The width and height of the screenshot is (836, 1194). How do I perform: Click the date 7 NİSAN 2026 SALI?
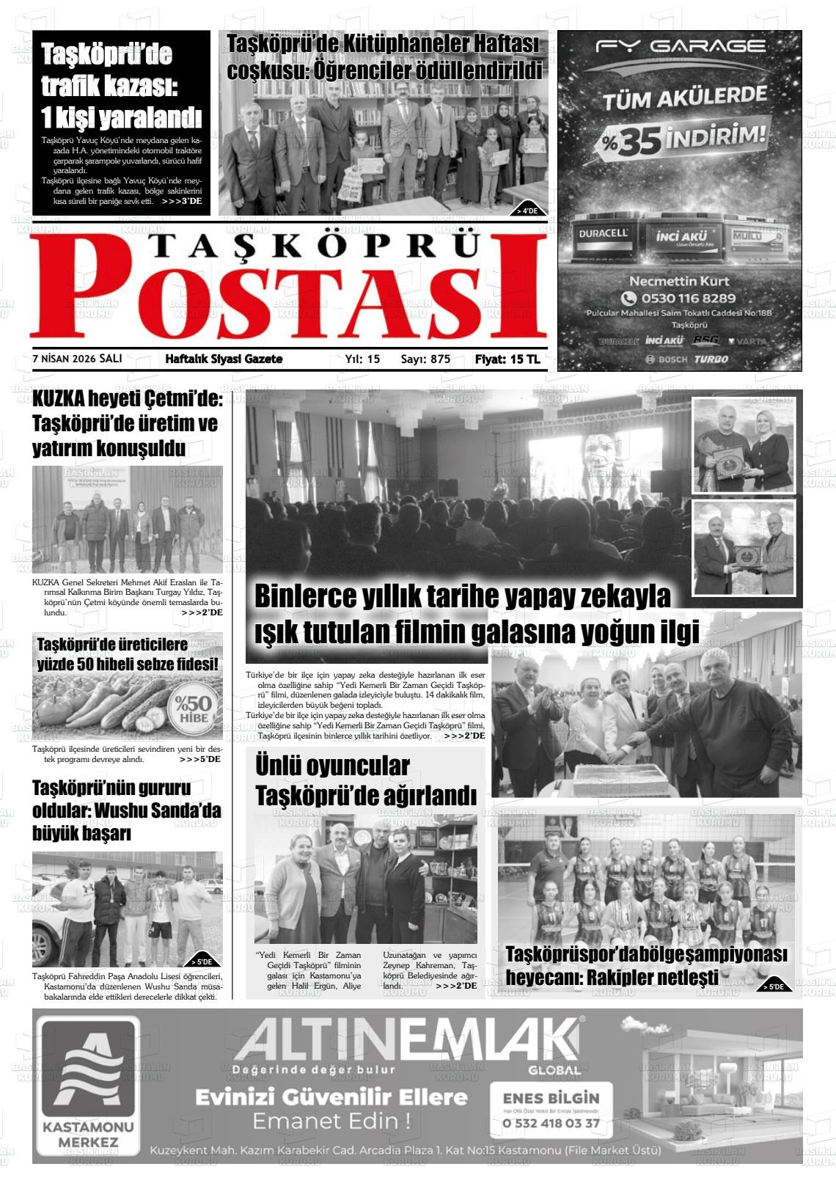pyautogui.click(x=78, y=359)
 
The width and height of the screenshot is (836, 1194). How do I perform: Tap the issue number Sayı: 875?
pyautogui.click(x=425, y=359)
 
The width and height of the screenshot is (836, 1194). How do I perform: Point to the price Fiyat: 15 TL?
pyautogui.click(x=507, y=359)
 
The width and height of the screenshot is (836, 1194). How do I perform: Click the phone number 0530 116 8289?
pyautogui.click(x=678, y=298)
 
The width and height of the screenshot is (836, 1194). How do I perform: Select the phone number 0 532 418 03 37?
pyautogui.click(x=551, y=1123)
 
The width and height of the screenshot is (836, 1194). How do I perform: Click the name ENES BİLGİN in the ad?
pyautogui.click(x=551, y=1099)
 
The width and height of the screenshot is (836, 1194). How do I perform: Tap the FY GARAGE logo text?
pyautogui.click(x=681, y=46)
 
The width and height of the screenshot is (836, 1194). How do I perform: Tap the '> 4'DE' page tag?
pyautogui.click(x=527, y=210)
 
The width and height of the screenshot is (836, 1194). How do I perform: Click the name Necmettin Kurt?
pyautogui.click(x=678, y=281)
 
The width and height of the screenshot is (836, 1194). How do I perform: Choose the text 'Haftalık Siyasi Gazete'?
pyautogui.click(x=224, y=359)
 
